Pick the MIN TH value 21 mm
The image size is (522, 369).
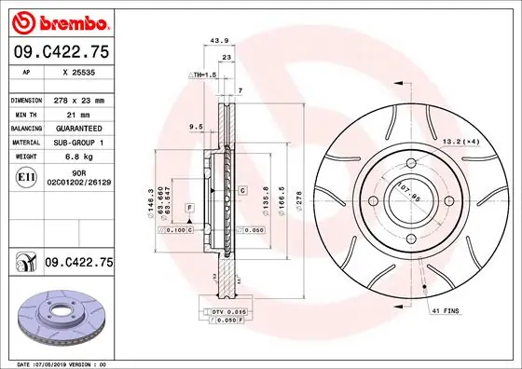tap(75, 114)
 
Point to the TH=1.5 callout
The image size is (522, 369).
tap(202, 74)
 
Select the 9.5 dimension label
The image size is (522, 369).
tap(196, 126)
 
